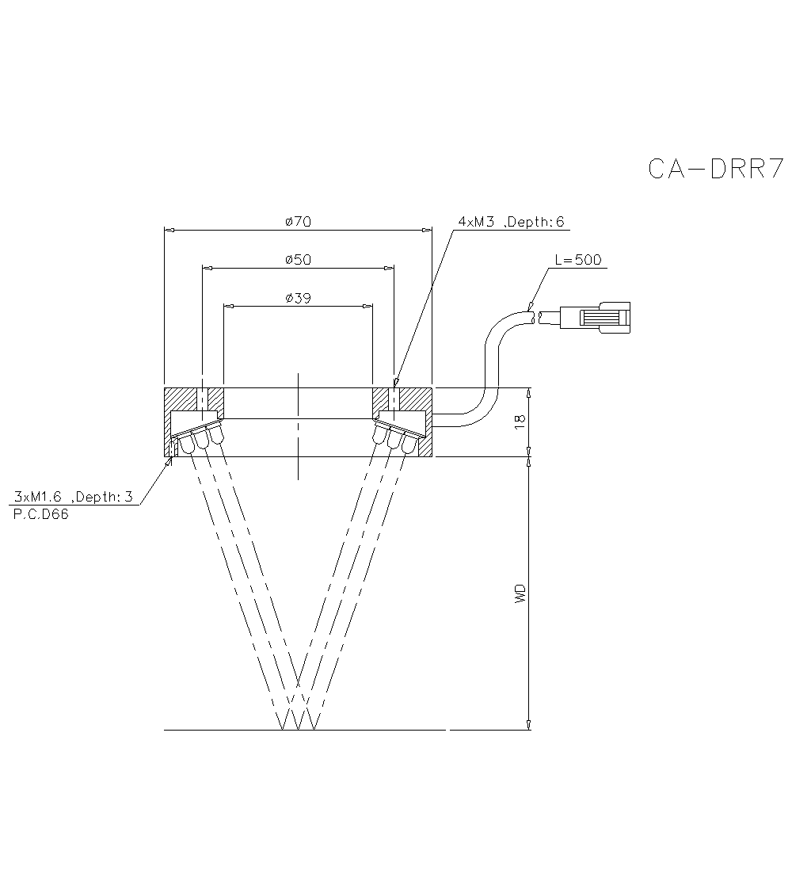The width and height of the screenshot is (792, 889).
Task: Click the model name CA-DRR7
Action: [x=715, y=169]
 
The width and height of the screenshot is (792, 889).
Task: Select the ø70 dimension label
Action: [x=298, y=222]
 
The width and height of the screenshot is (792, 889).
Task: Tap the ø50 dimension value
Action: [x=298, y=260]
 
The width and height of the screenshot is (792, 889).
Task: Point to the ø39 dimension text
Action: [x=298, y=298]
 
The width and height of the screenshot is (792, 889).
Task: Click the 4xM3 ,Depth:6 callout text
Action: [x=512, y=222]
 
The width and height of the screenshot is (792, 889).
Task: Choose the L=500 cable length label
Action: [x=578, y=260]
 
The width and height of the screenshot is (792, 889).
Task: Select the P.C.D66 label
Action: [x=42, y=514]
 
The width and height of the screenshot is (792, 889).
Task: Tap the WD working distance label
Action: [x=520, y=594]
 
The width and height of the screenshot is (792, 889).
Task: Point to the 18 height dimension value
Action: [x=520, y=422]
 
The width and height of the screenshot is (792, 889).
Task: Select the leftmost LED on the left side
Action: [x=187, y=444]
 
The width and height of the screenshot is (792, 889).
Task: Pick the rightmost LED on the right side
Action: [x=409, y=444]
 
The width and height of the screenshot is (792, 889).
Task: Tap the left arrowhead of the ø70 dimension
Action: [x=168, y=231]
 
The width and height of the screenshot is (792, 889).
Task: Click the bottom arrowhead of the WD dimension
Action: [x=529, y=724]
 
